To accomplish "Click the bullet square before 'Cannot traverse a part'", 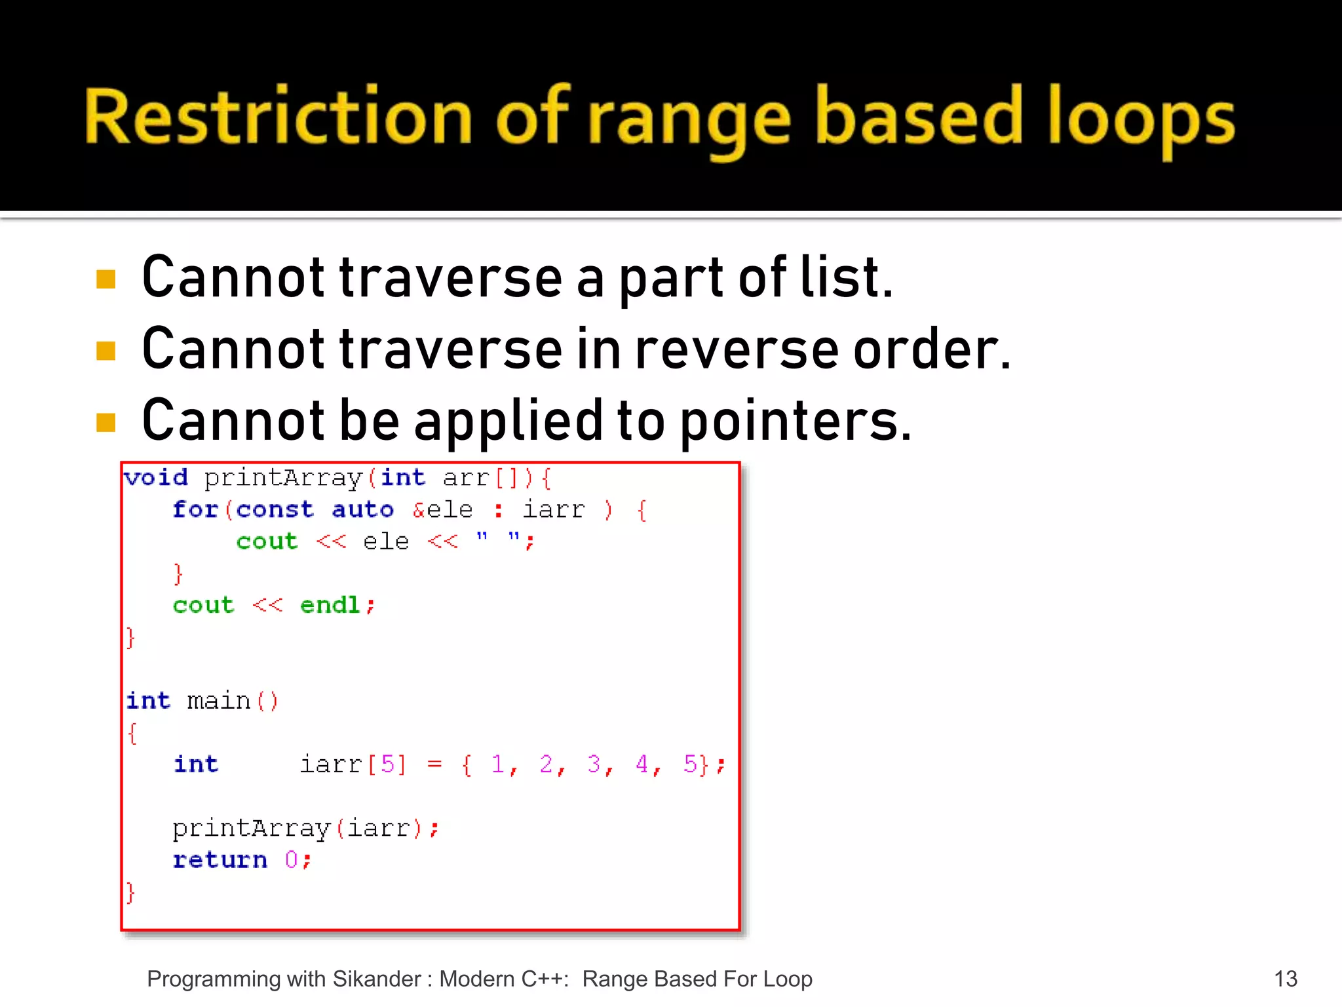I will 105,279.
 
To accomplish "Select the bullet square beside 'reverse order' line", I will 105,351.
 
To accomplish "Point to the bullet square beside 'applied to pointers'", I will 105,422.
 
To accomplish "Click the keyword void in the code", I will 157,477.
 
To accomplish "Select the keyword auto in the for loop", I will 362,509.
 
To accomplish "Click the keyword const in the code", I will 275,509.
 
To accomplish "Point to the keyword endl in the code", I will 330,605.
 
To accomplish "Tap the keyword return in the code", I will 220,859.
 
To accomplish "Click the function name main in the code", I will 219,701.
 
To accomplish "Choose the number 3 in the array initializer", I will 594,764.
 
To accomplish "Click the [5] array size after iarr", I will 387,764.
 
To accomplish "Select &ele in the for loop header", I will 442,509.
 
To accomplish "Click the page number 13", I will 1285,979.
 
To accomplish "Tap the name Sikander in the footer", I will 377,979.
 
